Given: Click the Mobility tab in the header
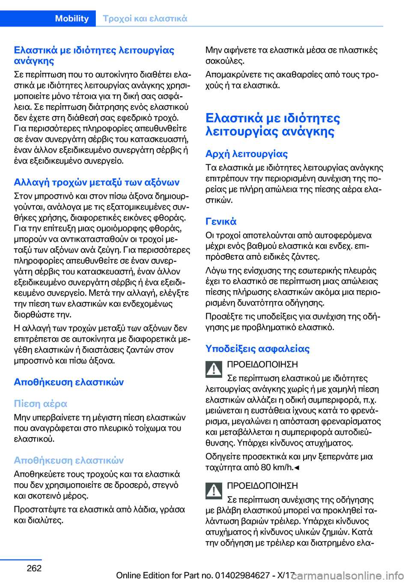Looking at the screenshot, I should pos(71,18).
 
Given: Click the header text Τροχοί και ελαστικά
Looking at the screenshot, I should pos(145,18).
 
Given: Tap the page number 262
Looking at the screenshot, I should pos(34,568).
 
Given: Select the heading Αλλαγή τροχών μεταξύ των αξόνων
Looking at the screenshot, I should pos(97,182).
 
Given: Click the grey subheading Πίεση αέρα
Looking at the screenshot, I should pos(41,404).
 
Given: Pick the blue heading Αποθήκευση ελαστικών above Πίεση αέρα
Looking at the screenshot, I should pos(69,382).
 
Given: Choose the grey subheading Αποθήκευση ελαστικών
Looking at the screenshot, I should pos(69,460).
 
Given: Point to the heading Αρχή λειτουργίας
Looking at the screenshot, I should pos(247,154).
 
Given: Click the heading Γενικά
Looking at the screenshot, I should pos(221,221).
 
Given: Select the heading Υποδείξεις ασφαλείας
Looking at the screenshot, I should pos(258,348).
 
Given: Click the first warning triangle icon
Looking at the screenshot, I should pos(214,369).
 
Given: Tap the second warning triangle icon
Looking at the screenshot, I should pos(214,490).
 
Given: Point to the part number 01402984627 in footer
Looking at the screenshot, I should pos(242,575).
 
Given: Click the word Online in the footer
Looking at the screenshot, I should pos(128,575).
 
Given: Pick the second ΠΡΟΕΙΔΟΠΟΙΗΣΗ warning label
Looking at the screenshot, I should pos(262,486).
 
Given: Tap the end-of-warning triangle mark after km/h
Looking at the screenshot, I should pos(297,467).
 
